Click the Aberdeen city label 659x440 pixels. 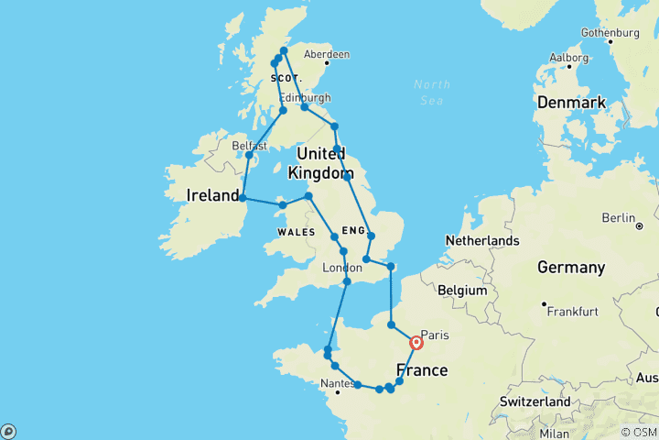coord(327,55)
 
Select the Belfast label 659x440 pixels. coord(249,146)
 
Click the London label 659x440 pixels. coord(342,268)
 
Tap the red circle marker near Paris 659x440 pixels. coord(416,343)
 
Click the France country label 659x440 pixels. coord(422,370)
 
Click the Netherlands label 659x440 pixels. coord(482,241)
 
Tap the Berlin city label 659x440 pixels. coord(618,217)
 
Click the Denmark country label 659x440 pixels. coord(570,102)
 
